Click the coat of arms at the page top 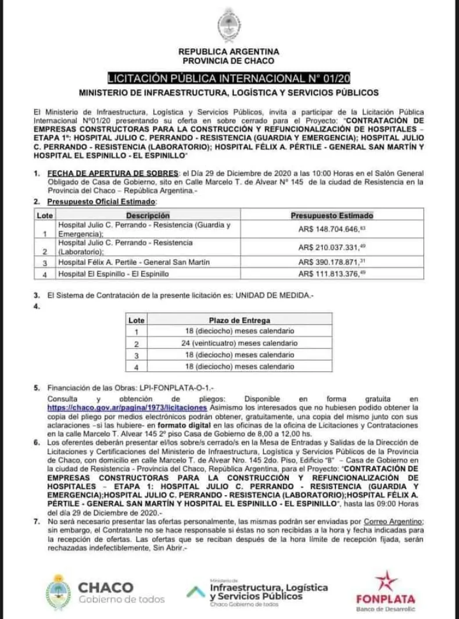pos(229,26)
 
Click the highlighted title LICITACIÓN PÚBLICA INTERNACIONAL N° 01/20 pos(229,78)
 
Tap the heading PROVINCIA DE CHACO pos(229,60)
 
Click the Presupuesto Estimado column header pos(332,216)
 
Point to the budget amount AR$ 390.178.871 pos(332,263)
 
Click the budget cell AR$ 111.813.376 pos(332,274)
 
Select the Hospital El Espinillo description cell pos(113,274)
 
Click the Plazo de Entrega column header pos(239,320)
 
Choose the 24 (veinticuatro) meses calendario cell pos(239,343)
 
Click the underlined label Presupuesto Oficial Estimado pos(102,202)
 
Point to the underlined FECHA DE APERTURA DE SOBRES pos(113,173)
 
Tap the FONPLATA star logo pos(385,581)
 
